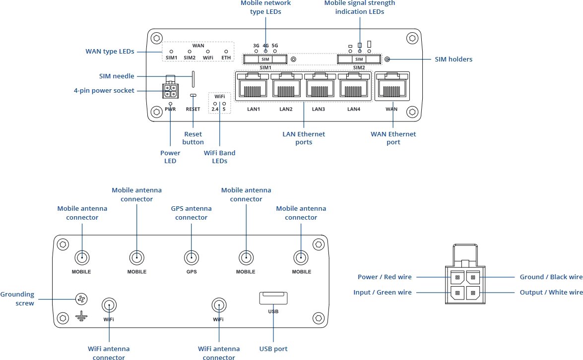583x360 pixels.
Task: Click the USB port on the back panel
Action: (x=273, y=298)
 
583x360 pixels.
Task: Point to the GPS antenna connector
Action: (x=191, y=257)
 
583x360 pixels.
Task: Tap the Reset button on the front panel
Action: (x=193, y=95)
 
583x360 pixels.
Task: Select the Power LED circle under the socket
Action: (x=170, y=103)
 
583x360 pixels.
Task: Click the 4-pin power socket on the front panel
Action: (x=170, y=90)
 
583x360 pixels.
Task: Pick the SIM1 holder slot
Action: (x=265, y=60)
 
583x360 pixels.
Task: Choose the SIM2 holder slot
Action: (x=358, y=60)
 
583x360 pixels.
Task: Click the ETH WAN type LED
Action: (x=226, y=51)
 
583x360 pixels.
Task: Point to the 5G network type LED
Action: (x=275, y=51)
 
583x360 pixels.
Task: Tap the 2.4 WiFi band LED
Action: (x=215, y=103)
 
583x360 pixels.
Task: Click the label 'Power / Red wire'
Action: (x=385, y=277)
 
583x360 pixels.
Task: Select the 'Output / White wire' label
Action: (x=551, y=293)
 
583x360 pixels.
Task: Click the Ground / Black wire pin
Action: (x=473, y=277)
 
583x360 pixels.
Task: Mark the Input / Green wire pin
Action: (x=457, y=293)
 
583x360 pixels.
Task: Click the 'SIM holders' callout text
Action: (x=453, y=60)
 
